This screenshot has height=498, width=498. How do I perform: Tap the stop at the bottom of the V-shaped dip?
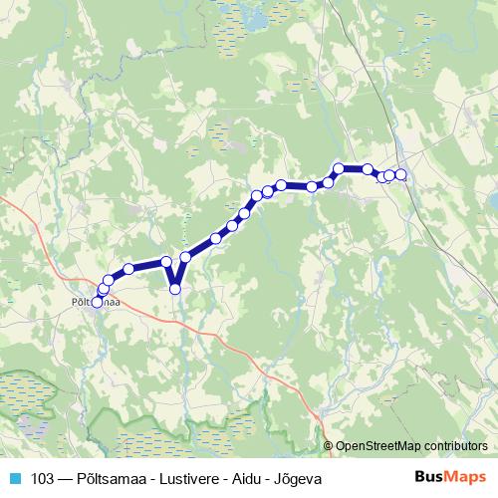click(x=175, y=289)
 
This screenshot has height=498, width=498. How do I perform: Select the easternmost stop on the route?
click(x=401, y=175)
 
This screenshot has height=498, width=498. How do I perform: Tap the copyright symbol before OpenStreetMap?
click(x=329, y=445)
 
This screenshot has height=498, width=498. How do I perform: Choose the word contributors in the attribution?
click(x=454, y=445)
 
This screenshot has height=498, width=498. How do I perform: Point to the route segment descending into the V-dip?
click(x=170, y=275)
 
